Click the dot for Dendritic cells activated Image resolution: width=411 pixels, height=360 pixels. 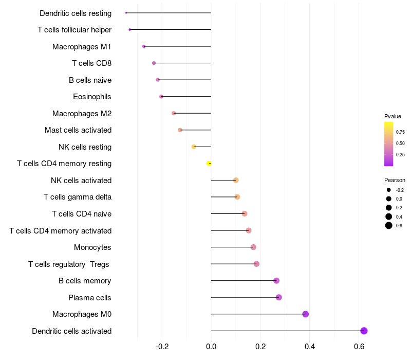[364, 331]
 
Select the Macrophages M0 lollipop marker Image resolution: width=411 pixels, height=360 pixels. [305, 314]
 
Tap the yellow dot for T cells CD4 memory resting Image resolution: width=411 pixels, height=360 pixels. [209, 164]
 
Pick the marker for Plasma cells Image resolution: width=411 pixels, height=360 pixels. [279, 297]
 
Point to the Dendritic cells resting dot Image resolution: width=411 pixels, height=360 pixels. [126, 13]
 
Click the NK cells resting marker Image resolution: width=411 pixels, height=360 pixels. [194, 147]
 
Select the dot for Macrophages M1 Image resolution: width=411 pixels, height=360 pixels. [144, 46]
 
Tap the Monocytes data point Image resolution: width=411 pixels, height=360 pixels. [253, 247]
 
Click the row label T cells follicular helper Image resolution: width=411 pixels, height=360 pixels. [74, 30]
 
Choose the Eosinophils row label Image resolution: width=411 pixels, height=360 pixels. [92, 97]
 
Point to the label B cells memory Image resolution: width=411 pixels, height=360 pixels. [85, 281]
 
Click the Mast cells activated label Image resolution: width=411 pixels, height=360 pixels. [78, 130]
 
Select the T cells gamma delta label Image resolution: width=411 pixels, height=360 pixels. [78, 197]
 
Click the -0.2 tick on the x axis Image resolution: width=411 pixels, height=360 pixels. [162, 347]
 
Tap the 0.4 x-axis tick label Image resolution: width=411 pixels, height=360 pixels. [310, 347]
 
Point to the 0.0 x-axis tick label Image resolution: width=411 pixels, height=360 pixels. [211, 347]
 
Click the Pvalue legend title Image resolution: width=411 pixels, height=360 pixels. [393, 116]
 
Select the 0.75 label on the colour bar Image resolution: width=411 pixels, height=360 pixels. [400, 132]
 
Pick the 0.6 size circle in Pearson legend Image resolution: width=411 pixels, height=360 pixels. [389, 225]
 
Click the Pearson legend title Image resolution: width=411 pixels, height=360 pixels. [395, 181]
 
